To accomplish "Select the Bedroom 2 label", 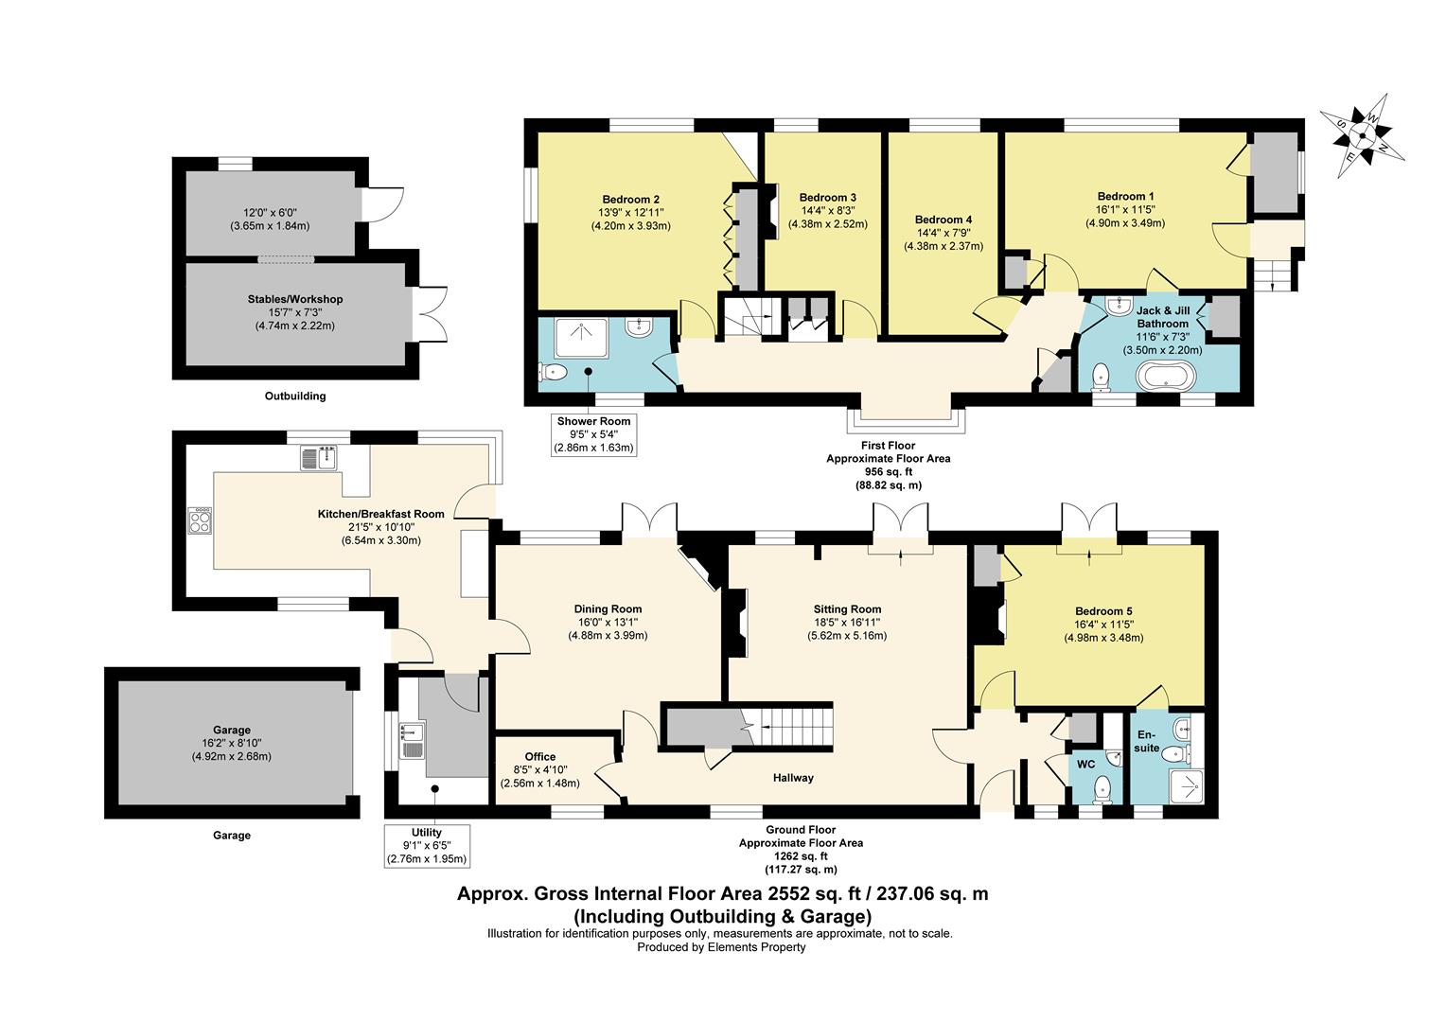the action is pos(630,200).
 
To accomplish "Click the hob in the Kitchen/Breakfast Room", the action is pos(200,521).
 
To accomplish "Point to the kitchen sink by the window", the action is pos(318,458).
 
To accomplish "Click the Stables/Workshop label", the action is pos(295,299).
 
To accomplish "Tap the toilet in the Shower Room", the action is pos(553,373).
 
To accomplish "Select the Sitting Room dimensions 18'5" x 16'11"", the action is pos(847,623).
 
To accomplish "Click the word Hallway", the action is pos(793,778).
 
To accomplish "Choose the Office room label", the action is pos(540,757).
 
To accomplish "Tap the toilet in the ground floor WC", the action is pos(1102,789).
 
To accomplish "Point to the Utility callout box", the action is pos(426,846).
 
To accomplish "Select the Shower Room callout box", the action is pos(594,434).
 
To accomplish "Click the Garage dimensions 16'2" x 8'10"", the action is pos(231,743).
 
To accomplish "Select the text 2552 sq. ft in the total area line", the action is pos(804,893).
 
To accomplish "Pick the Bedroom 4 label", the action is pos(943,220).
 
